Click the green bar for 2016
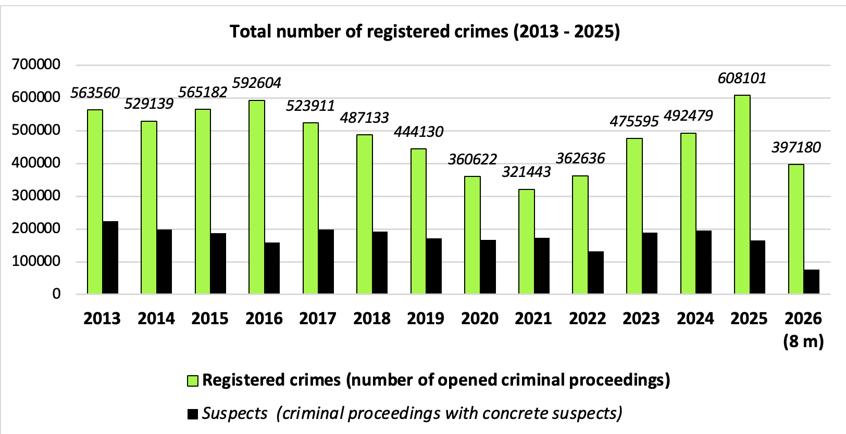point(257,197)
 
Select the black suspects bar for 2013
point(110,258)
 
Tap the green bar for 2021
point(527,241)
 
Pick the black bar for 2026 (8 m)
point(812,282)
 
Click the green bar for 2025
point(742,194)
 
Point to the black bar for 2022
point(595,273)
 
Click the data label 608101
point(742,78)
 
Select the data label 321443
point(527,172)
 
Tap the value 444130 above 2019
point(418,132)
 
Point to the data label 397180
point(796,147)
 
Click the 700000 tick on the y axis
point(36,65)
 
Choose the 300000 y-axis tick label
point(36,196)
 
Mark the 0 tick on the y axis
point(56,293)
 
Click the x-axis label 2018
point(372,319)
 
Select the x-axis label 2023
point(641,319)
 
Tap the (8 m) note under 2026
point(803,341)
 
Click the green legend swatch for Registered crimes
point(193,381)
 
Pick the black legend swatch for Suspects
point(193,414)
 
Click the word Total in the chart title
point(251,31)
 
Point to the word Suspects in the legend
point(235,413)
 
